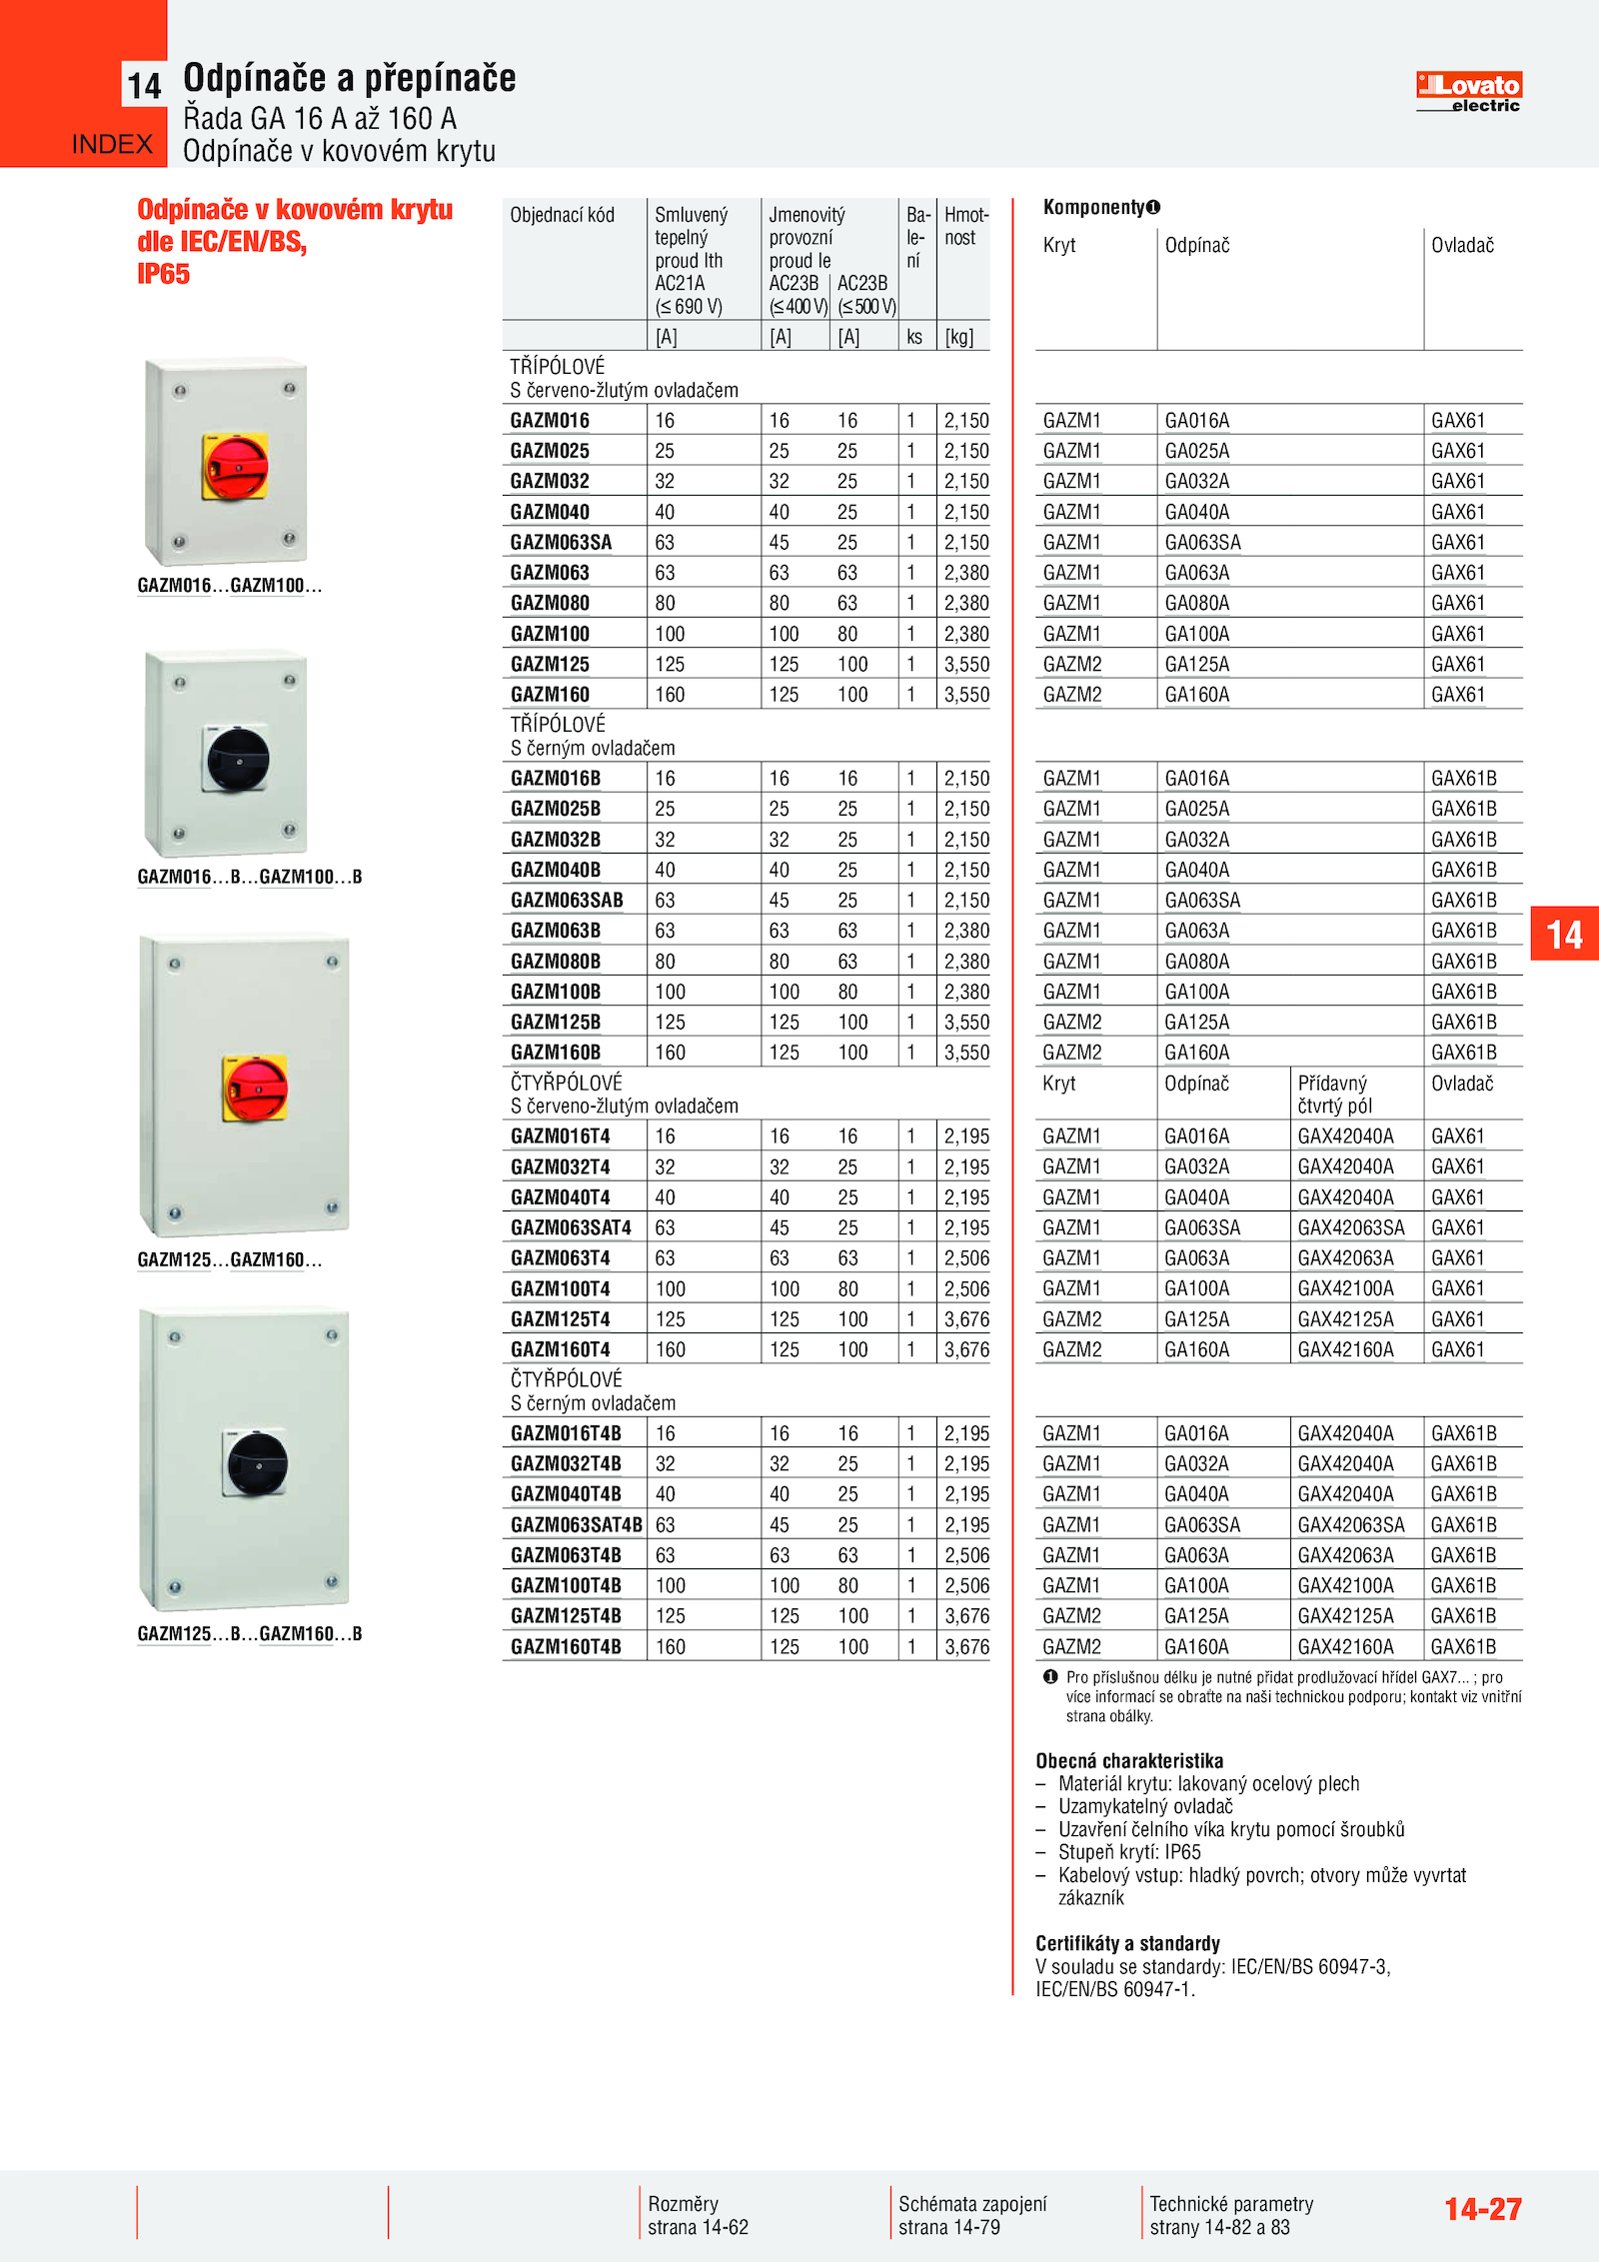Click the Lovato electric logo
point(1468,92)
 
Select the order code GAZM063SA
point(561,543)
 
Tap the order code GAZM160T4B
point(566,1646)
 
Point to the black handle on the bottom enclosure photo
point(257,1464)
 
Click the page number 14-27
point(1482,2209)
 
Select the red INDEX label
point(112,145)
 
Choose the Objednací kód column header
point(562,215)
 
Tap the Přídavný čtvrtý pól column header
point(1333,1095)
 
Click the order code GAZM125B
point(556,1023)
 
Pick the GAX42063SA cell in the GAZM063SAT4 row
point(1350,1227)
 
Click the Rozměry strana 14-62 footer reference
point(698,2215)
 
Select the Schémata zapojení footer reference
point(972,2215)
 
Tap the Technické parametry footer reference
point(1231,2215)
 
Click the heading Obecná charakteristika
point(1129,1761)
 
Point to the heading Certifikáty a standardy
point(1127,1943)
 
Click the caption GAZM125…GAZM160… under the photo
point(230,1259)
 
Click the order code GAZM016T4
point(560,1136)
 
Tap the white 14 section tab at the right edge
point(1564,935)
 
